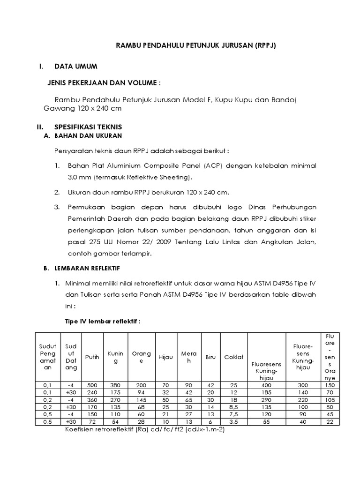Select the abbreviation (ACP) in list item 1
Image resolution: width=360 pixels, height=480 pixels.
(x=214, y=166)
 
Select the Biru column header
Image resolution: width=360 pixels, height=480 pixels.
(x=210, y=357)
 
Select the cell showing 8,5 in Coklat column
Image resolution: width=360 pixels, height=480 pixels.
(x=233, y=407)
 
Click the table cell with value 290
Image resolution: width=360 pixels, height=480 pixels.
(x=266, y=400)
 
